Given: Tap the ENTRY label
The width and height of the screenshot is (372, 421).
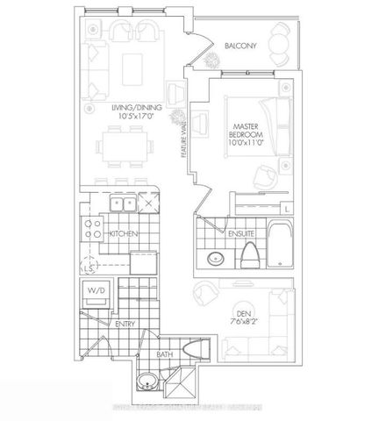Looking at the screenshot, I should (x=125, y=324).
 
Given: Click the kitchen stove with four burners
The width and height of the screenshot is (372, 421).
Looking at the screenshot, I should (x=90, y=230).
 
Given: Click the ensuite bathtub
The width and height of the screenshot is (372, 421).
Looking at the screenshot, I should (x=280, y=240).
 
